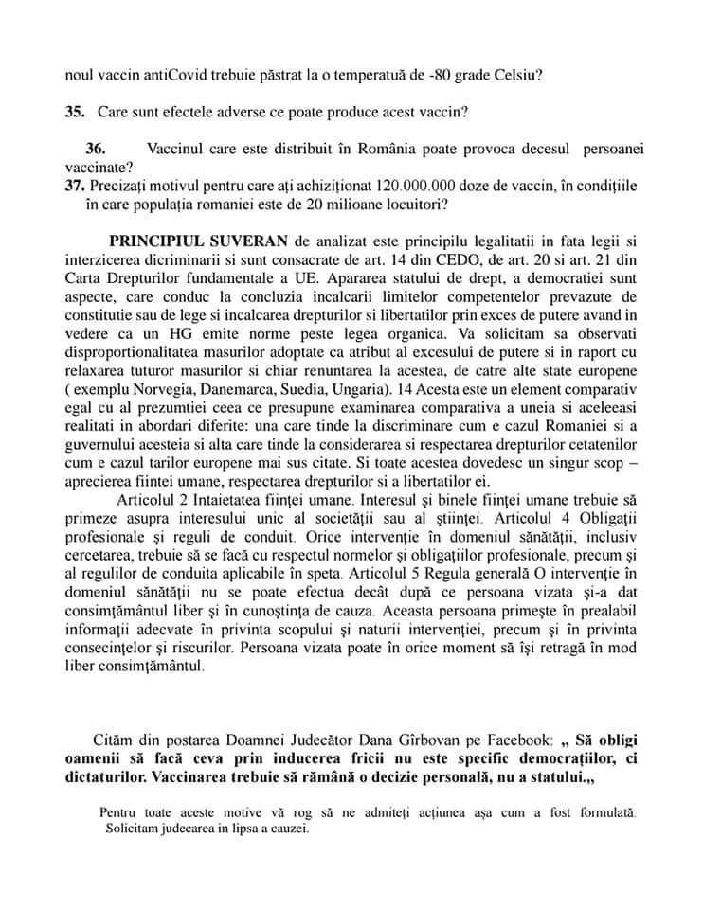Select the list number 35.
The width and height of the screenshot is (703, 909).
coord(76,112)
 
